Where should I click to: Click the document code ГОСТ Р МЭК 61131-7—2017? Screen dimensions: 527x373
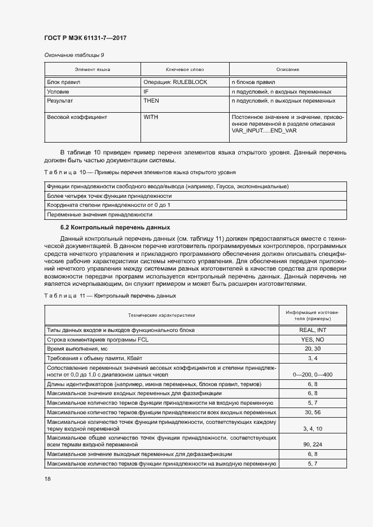pos(85,38)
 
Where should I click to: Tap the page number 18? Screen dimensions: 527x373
pos(47,479)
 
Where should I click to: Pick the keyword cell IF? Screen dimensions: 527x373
pos(146,91)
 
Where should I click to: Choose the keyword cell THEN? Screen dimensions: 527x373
pos(151,100)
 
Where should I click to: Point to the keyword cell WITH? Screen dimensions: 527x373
pos(151,117)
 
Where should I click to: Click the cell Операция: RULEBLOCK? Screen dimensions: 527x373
pos(175,82)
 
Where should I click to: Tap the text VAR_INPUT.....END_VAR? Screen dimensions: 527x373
pos(264,130)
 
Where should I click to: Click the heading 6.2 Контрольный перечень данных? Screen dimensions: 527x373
pos(115,228)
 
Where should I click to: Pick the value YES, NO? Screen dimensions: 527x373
pos(313,340)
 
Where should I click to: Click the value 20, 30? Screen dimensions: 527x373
pos(313,349)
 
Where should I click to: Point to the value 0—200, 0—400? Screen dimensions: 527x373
pos(313,374)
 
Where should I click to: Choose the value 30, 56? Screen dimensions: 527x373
pos(313,413)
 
